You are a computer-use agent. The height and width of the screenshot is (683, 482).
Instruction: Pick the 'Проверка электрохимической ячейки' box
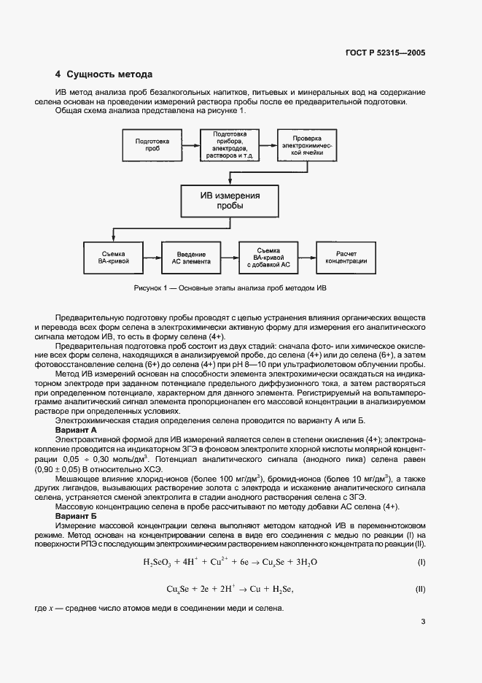tap(307, 147)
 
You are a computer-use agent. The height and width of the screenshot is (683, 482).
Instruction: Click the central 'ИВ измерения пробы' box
tap(230, 201)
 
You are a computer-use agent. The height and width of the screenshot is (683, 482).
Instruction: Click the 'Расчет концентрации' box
tap(346, 261)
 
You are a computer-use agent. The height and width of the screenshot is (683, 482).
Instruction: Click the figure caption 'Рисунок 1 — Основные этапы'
tap(230, 288)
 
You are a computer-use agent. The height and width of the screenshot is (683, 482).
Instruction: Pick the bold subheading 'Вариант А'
tap(77, 431)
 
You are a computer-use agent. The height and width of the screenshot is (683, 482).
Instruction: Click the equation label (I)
tap(421, 563)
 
